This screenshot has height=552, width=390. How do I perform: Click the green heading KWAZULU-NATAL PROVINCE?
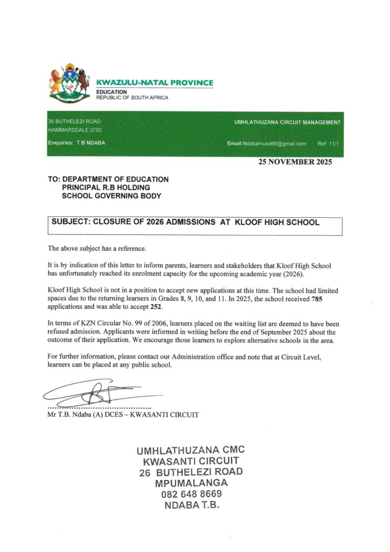pyautogui.click(x=154, y=82)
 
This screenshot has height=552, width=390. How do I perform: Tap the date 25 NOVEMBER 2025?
pyautogui.click(x=295, y=162)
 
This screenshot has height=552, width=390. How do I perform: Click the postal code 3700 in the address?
pyautogui.click(x=95, y=130)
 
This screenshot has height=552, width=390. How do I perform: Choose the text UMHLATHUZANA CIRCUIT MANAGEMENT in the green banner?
pyautogui.click(x=287, y=122)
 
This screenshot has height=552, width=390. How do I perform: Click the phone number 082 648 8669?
pyautogui.click(x=191, y=494)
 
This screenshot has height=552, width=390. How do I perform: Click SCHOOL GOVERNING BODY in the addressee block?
pyautogui.click(x=111, y=196)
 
